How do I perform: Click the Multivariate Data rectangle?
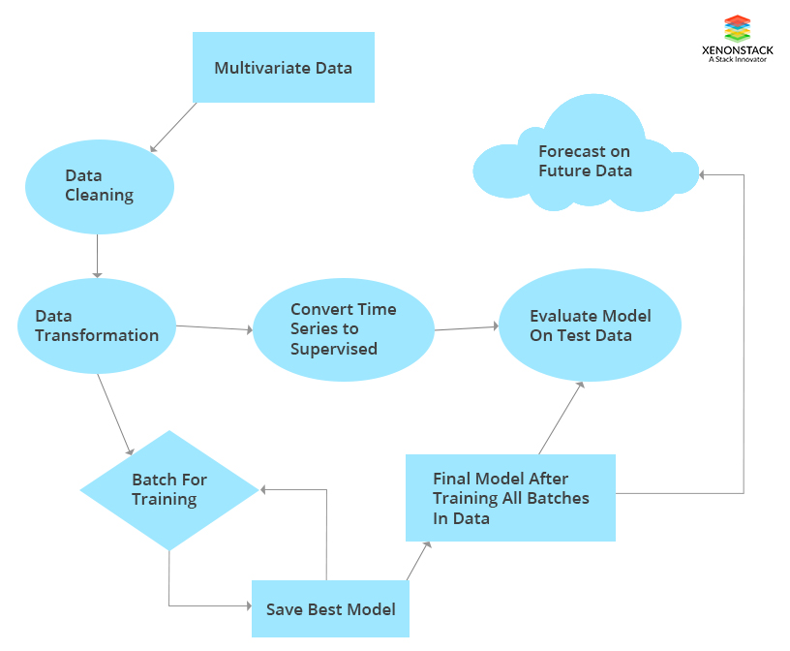tap(283, 68)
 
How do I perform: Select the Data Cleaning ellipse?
tap(99, 186)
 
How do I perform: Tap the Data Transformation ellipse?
tap(97, 325)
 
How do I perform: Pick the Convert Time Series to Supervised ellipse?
tap(343, 329)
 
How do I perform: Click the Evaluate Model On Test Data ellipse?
tap(590, 325)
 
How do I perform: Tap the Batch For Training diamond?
tap(169, 490)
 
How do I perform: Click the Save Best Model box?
tap(330, 609)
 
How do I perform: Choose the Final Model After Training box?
tap(510, 498)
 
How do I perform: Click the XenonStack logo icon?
tap(737, 27)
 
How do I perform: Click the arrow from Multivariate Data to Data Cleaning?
tap(174, 127)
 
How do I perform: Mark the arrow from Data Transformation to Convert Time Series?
tap(214, 327)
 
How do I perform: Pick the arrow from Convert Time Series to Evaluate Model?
tap(466, 328)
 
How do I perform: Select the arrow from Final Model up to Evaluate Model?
tap(562, 418)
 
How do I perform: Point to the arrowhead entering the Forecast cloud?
tap(704, 174)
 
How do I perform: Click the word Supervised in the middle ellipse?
tap(333, 349)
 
